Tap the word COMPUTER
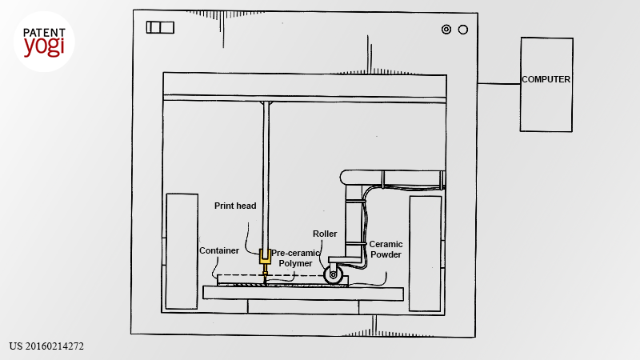coord(546,79)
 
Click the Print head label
coord(235,206)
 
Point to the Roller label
coord(325,234)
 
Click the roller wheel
coord(334,274)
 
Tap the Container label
coord(219,250)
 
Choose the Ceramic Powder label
coord(386,250)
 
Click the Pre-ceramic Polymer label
coord(295,258)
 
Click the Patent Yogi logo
coord(44,42)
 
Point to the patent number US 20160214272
coord(46,346)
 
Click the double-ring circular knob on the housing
coord(446,30)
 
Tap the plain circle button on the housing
coord(463,30)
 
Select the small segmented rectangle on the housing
coord(160,27)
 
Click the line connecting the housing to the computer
coord(498,84)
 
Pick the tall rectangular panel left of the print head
coord(182,251)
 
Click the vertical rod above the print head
coord(266,175)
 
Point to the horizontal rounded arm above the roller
coord(392,177)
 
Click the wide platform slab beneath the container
coord(303,293)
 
